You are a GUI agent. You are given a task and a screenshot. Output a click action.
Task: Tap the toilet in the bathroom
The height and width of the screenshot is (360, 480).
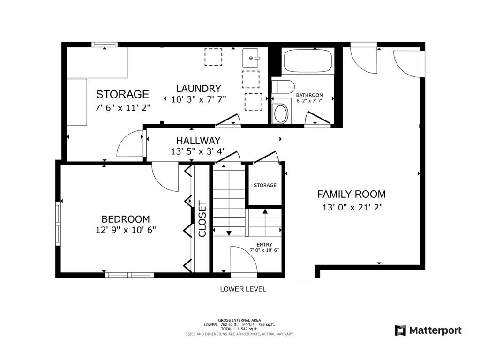(x=283, y=86)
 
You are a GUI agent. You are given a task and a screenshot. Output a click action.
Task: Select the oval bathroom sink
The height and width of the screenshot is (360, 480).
(x=281, y=113)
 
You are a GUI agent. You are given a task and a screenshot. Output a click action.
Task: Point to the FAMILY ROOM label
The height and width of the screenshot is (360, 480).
(x=352, y=194)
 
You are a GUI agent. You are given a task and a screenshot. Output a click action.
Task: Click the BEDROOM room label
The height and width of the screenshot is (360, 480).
(x=126, y=219)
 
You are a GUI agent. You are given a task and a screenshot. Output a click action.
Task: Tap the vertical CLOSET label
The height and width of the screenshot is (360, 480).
(x=202, y=218)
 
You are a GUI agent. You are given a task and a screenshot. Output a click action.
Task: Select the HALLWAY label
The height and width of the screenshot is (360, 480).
(x=198, y=141)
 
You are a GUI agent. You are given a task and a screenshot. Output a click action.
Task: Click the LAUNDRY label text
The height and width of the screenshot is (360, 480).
(x=198, y=89)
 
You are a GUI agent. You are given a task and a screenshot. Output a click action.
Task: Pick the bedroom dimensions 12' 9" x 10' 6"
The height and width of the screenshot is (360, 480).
(x=126, y=230)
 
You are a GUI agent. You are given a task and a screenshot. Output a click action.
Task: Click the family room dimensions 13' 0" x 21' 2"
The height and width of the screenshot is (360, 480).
(x=352, y=208)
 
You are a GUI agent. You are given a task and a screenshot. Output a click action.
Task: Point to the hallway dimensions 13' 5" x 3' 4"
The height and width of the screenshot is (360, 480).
(x=198, y=151)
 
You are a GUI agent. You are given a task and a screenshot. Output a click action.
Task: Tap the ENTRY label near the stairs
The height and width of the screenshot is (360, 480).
(x=264, y=245)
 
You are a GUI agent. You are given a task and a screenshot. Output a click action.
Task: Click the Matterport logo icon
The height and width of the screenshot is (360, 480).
(x=400, y=330)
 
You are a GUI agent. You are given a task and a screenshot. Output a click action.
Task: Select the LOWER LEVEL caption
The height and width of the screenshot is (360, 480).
(x=243, y=289)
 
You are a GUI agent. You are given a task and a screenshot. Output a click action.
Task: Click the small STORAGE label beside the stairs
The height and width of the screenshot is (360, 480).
(x=265, y=185)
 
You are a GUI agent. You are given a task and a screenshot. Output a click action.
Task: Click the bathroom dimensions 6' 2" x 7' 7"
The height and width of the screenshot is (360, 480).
(x=309, y=100)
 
